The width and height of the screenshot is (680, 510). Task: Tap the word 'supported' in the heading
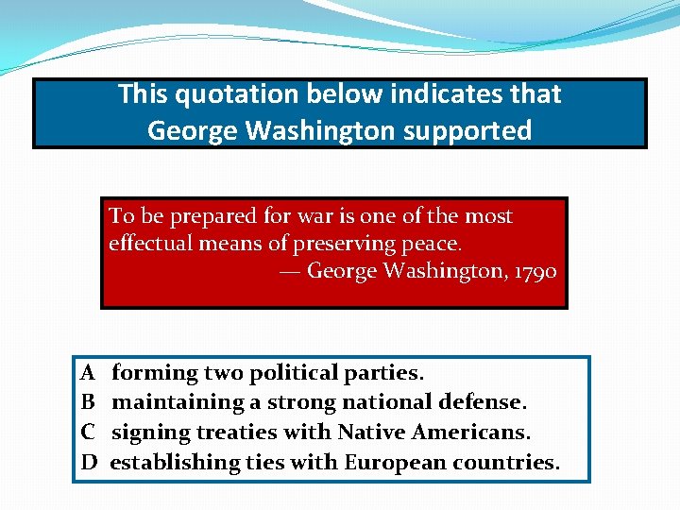coord(468,130)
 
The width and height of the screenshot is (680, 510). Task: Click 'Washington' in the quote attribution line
coord(443,271)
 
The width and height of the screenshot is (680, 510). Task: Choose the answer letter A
coord(88,373)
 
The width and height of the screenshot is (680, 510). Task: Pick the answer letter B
coord(88,402)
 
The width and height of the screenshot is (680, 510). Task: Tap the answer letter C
coord(88,433)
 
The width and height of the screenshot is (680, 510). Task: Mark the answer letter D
coord(89,462)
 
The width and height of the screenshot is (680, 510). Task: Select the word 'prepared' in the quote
coord(199,216)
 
